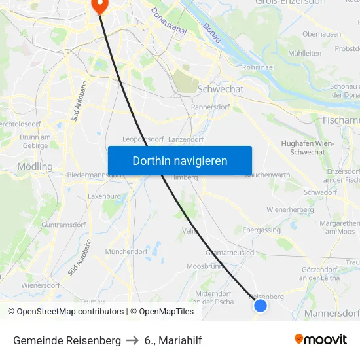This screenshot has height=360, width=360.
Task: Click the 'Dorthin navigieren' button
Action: pyautogui.click(x=179, y=161)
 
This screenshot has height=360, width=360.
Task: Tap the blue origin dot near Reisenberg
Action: pyautogui.click(x=260, y=306)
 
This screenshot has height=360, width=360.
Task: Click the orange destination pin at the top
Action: pyautogui.click(x=99, y=7)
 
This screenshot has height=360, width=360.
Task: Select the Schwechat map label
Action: pyautogui.click(x=220, y=89)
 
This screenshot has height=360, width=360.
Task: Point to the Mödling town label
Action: pyautogui.click(x=35, y=166)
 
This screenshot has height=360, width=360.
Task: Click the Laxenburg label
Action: pyautogui.click(x=105, y=196)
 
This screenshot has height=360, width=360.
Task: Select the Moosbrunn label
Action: pyautogui.click(x=206, y=266)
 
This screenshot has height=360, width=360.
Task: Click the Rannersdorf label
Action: pyautogui.click(x=208, y=107)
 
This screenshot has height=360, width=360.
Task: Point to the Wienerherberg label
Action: pyautogui.click(x=291, y=209)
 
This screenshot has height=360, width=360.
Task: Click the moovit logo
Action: pyautogui.click(x=321, y=339)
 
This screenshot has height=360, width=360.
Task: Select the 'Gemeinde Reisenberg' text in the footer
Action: pyautogui.click(x=67, y=340)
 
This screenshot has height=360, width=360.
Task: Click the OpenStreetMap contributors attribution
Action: pyautogui.click(x=65, y=312)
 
